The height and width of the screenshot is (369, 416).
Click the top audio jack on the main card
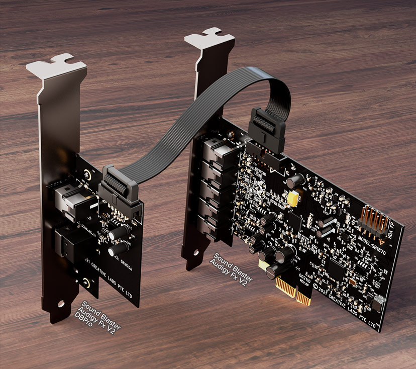217,150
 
